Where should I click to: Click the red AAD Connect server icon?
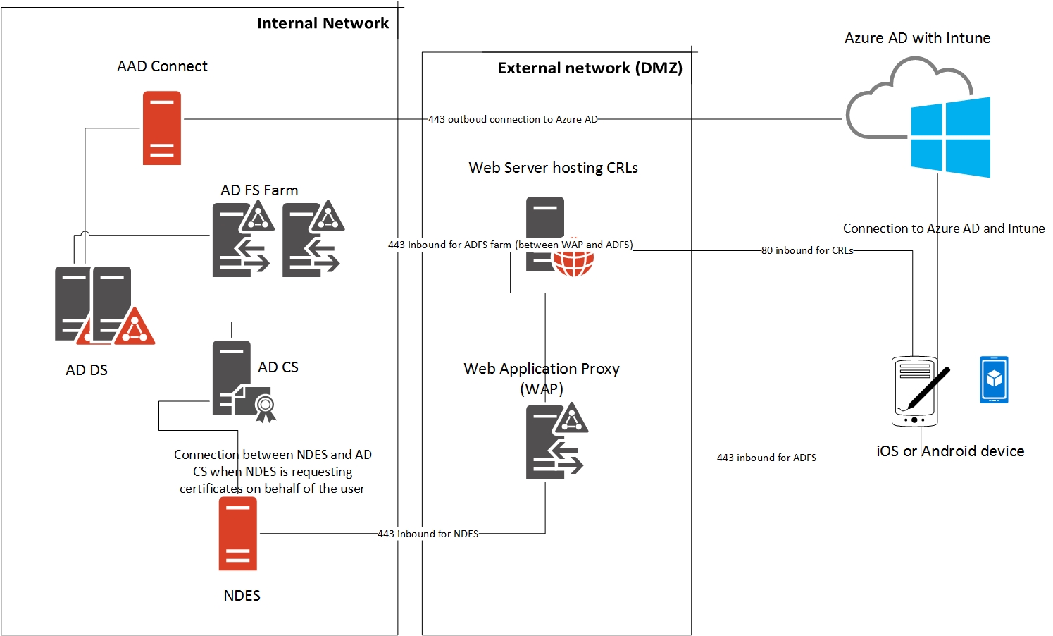pyautogui.click(x=162, y=128)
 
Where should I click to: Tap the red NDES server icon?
pyautogui.click(x=237, y=534)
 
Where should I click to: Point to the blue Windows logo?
pyautogui.click(x=950, y=137)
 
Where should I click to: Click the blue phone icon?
pyautogui.click(x=994, y=379)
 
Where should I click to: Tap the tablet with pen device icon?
pyautogui.click(x=916, y=391)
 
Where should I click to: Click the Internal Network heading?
pyautogui.click(x=323, y=23)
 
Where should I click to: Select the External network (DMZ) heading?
pyautogui.click(x=590, y=68)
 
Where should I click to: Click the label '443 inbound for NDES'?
pyautogui.click(x=428, y=534)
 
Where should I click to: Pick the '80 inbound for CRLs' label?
pyautogui.click(x=807, y=250)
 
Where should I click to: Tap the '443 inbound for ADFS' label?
pyautogui.click(x=766, y=458)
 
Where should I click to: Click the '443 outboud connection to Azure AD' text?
pyautogui.click(x=513, y=119)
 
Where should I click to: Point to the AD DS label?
pyautogui.click(x=87, y=370)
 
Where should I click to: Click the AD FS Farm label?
pyautogui.click(x=259, y=190)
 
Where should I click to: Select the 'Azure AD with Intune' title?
pyautogui.click(x=917, y=38)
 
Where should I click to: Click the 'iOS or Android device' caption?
pyautogui.click(x=950, y=451)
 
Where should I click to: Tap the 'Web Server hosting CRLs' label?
pyautogui.click(x=553, y=168)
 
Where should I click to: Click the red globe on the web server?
pyautogui.click(x=573, y=262)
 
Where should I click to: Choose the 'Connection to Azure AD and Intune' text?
pyautogui.click(x=944, y=228)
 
